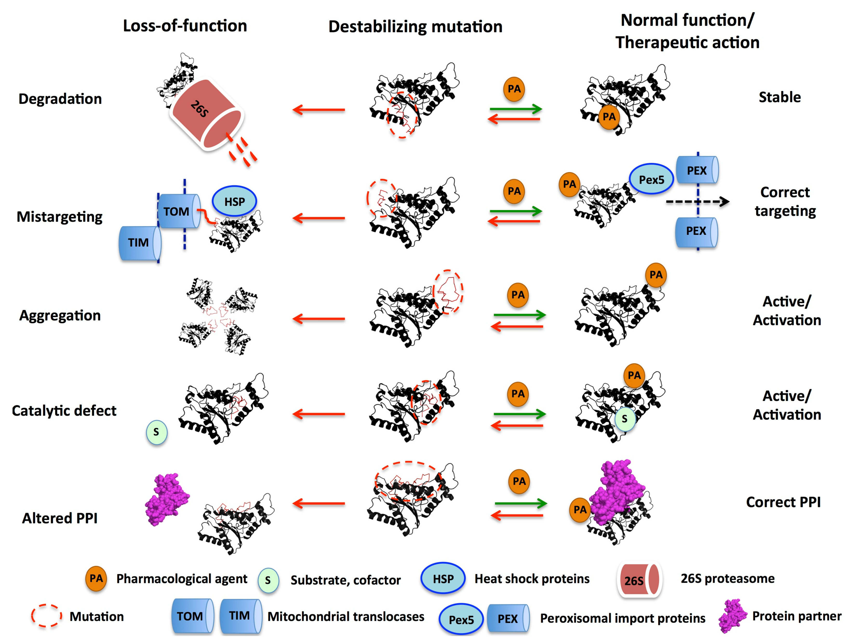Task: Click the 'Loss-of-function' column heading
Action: click(x=185, y=26)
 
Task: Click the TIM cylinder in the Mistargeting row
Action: click(x=139, y=243)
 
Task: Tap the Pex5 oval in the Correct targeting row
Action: click(x=651, y=179)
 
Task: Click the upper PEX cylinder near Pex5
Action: click(x=697, y=170)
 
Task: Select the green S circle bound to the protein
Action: click(x=624, y=419)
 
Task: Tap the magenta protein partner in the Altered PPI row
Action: click(x=167, y=500)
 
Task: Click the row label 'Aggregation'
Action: click(x=60, y=316)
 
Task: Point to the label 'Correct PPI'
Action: click(x=783, y=502)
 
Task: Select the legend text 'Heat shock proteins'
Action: click(x=532, y=579)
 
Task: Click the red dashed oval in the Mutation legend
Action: click(x=46, y=616)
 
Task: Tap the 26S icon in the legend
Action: click(x=639, y=580)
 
